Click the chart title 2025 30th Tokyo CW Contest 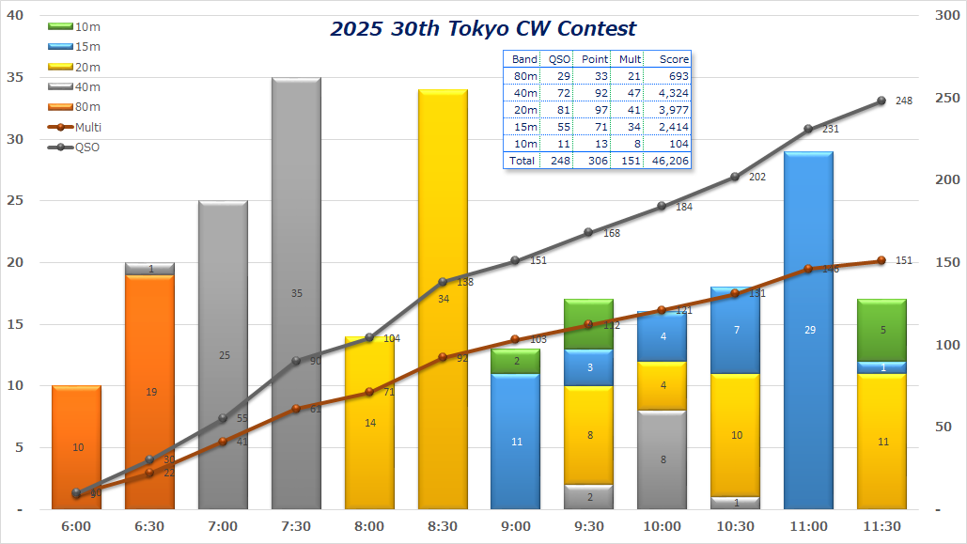[x=483, y=29]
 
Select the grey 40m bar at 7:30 [x=296, y=235]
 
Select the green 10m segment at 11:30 [x=882, y=330]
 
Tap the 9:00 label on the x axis [x=516, y=526]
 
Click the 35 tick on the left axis [x=16, y=78]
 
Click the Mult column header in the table [x=630, y=59]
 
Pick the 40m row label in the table [x=524, y=93]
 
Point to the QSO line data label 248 [x=904, y=101]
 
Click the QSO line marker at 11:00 [x=809, y=129]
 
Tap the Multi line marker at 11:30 [x=882, y=261]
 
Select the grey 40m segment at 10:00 [x=663, y=459]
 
